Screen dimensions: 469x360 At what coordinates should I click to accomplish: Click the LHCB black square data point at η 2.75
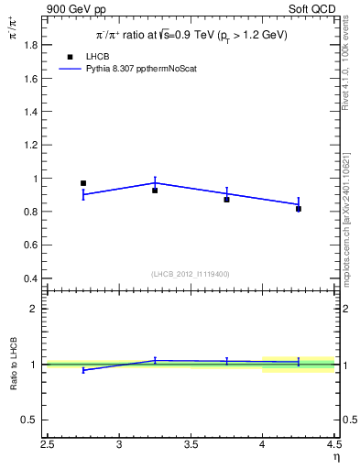83,183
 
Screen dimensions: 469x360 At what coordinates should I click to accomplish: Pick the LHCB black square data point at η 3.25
155,191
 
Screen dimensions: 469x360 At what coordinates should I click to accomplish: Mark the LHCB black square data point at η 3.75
226,199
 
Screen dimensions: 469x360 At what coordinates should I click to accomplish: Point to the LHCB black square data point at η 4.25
299,209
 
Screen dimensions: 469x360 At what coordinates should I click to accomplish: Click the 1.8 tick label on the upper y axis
31,45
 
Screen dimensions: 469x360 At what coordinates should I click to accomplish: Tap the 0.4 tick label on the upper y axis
31,278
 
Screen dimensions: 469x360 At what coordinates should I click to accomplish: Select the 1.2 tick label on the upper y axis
31,145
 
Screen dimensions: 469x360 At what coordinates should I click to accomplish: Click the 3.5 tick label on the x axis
191,444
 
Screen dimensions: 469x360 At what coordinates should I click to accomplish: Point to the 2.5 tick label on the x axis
48,444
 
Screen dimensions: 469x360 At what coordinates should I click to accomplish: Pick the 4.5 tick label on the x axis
333,444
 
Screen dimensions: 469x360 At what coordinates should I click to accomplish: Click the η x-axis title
335,456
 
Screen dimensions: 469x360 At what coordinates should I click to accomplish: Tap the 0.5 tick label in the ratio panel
31,420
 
